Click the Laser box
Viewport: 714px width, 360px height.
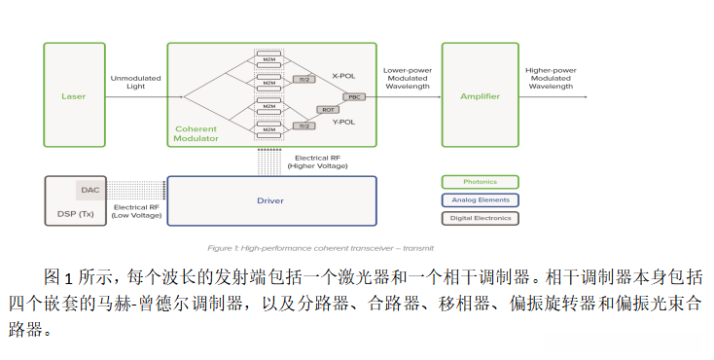pyautogui.click(x=74, y=96)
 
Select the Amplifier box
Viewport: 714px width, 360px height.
pyautogui.click(x=480, y=96)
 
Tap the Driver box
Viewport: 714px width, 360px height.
pyautogui.click(x=271, y=200)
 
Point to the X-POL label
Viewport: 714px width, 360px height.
pyautogui.click(x=344, y=75)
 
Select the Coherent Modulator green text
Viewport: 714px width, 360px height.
pyautogui.click(x=196, y=133)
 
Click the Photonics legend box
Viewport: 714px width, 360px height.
pyautogui.click(x=480, y=182)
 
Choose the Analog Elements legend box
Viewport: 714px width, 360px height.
pyautogui.click(x=480, y=200)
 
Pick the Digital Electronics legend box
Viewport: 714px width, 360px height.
pyautogui.click(x=480, y=219)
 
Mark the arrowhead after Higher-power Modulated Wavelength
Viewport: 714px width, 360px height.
pyautogui.click(x=585, y=96)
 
